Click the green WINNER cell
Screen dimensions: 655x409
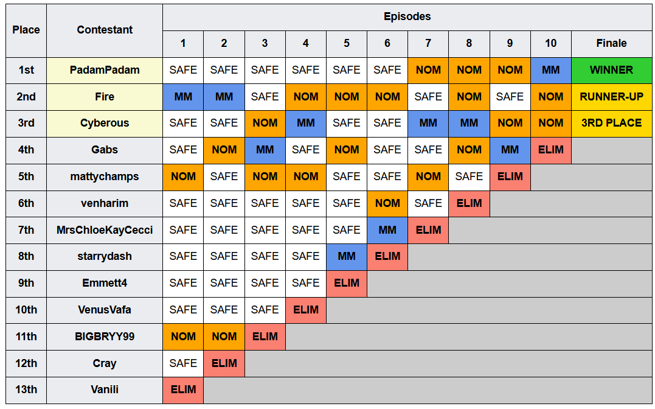tap(612, 70)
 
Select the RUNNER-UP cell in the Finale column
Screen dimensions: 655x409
tap(612, 97)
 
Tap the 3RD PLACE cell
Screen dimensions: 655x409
tap(612, 124)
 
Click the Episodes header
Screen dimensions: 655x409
tap(407, 16)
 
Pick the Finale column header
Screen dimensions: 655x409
tap(612, 43)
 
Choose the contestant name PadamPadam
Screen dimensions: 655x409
tap(105, 70)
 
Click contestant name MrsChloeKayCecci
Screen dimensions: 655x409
tap(105, 230)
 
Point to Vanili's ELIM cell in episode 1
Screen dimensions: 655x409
tap(183, 390)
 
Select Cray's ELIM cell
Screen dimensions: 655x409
tap(224, 363)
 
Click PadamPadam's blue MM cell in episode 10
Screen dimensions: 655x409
tap(550, 70)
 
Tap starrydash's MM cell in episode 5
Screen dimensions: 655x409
tap(346, 256)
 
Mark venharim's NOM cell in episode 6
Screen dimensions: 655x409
tap(387, 203)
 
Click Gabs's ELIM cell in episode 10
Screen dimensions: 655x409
tap(550, 150)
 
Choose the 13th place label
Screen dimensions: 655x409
tap(26, 390)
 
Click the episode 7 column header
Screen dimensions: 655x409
tap(428, 43)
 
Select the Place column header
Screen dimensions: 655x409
tap(26, 30)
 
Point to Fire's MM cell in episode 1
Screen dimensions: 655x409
tap(183, 97)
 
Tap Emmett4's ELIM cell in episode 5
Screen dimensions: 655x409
tap(346, 283)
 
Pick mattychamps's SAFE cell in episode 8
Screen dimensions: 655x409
tap(469, 177)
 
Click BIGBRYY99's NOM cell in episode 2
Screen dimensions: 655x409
tap(224, 337)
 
